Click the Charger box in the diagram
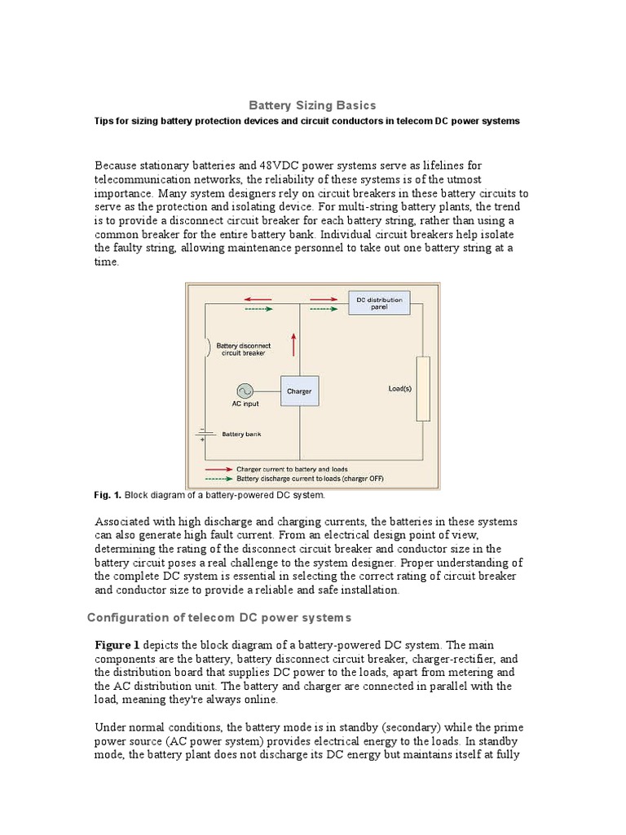[299, 391]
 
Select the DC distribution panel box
[379, 303]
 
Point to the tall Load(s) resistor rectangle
[422, 388]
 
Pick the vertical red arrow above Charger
[292, 345]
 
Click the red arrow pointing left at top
[259, 299]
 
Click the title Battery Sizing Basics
[312, 105]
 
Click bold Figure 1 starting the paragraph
[118, 645]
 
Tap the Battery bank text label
[241, 435]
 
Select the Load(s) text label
[399, 389]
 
